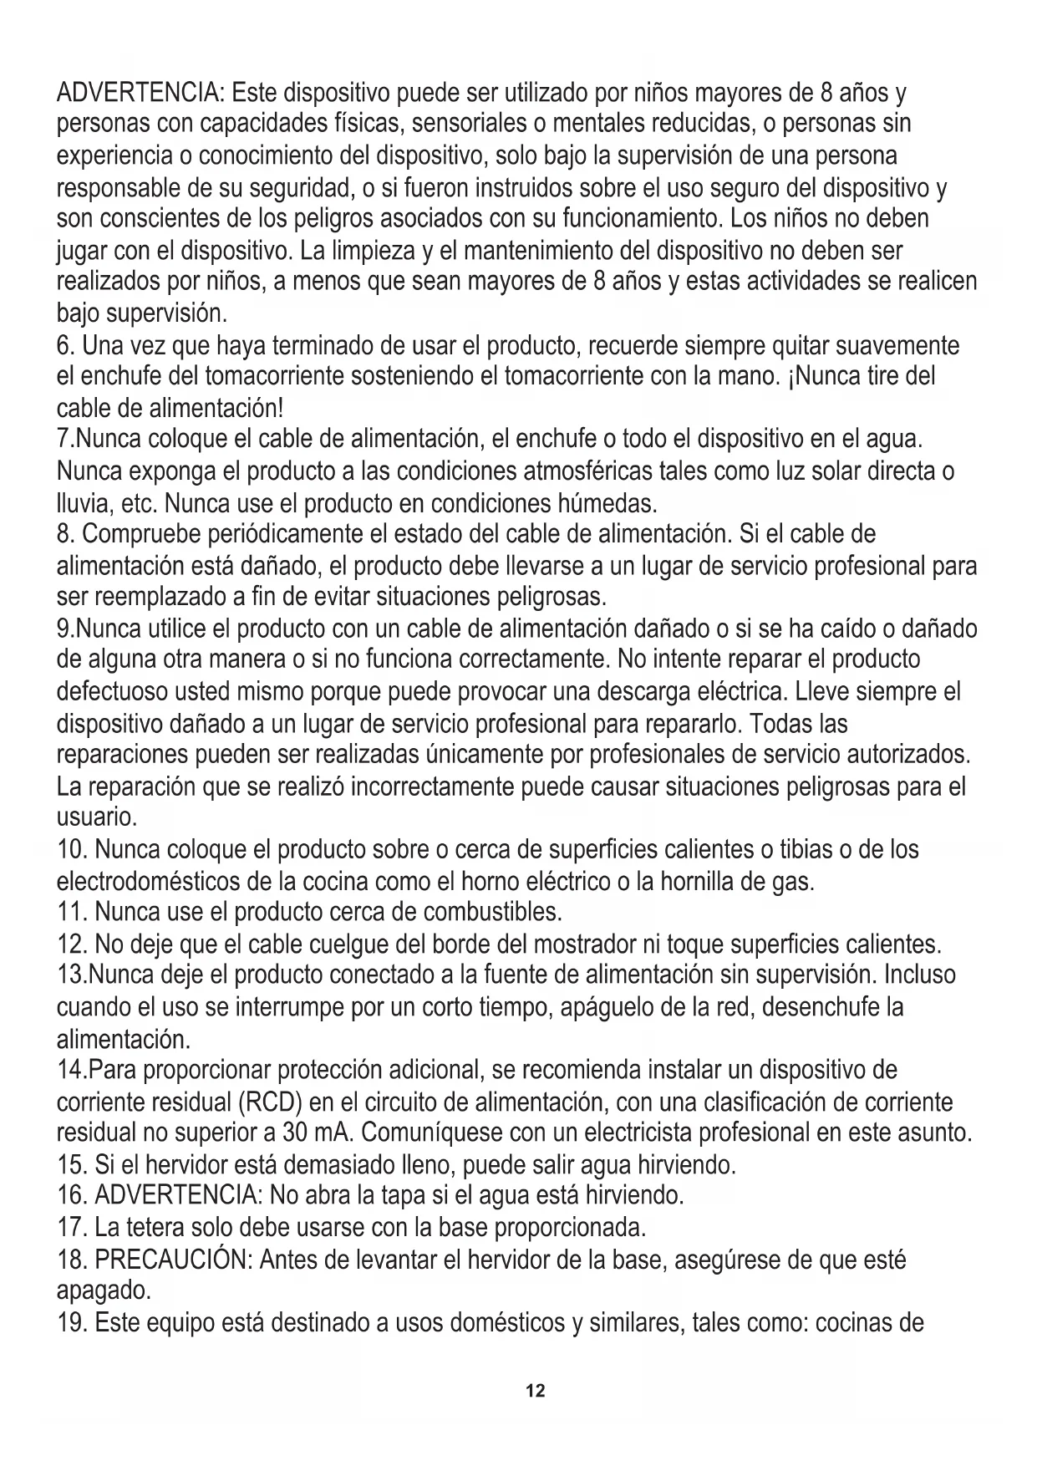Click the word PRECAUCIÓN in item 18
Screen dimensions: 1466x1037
click(x=174, y=1260)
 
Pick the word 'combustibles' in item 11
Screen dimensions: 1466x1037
click(x=492, y=910)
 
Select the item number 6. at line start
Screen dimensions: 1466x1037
click(x=66, y=345)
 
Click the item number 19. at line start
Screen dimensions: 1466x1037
click(x=72, y=1323)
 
